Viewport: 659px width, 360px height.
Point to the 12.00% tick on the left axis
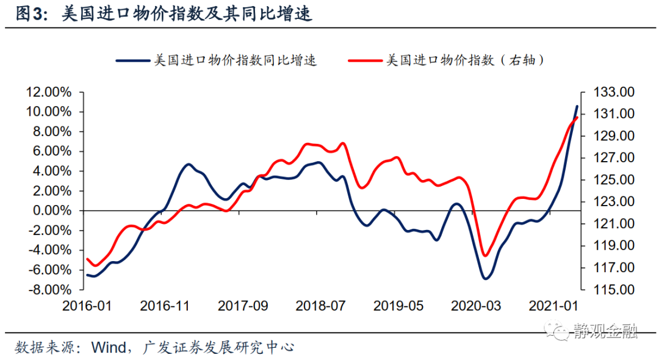tap(48, 92)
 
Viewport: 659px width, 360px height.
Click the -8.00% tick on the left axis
tap(49, 289)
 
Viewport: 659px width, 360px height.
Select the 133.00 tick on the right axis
tap(614, 92)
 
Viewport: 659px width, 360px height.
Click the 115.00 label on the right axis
tap(614, 289)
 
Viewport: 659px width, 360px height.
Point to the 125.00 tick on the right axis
tap(614, 180)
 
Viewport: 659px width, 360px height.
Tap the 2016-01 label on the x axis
tap(87, 305)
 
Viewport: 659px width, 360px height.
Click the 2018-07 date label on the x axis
tap(320, 305)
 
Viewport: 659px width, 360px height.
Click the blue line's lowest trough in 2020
tap(486, 278)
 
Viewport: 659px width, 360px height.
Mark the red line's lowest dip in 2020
tap(486, 256)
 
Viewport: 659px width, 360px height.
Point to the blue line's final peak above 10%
tap(577, 106)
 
